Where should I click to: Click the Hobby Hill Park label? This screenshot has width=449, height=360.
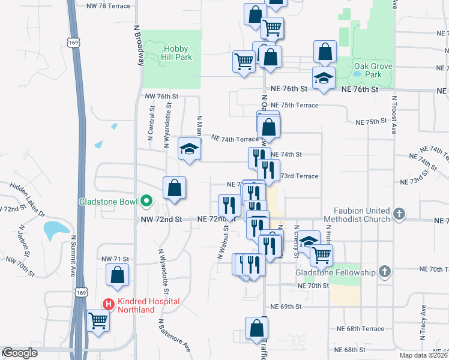click(173, 53)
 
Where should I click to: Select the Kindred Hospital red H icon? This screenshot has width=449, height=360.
click(109, 304)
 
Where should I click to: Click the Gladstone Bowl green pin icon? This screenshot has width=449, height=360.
click(145, 202)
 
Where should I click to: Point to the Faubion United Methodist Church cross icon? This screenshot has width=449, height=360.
click(399, 214)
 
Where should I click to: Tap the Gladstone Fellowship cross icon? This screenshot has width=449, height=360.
click(384, 272)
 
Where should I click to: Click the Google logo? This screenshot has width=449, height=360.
click(19, 353)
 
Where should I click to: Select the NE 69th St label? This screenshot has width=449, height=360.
click(285, 307)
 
